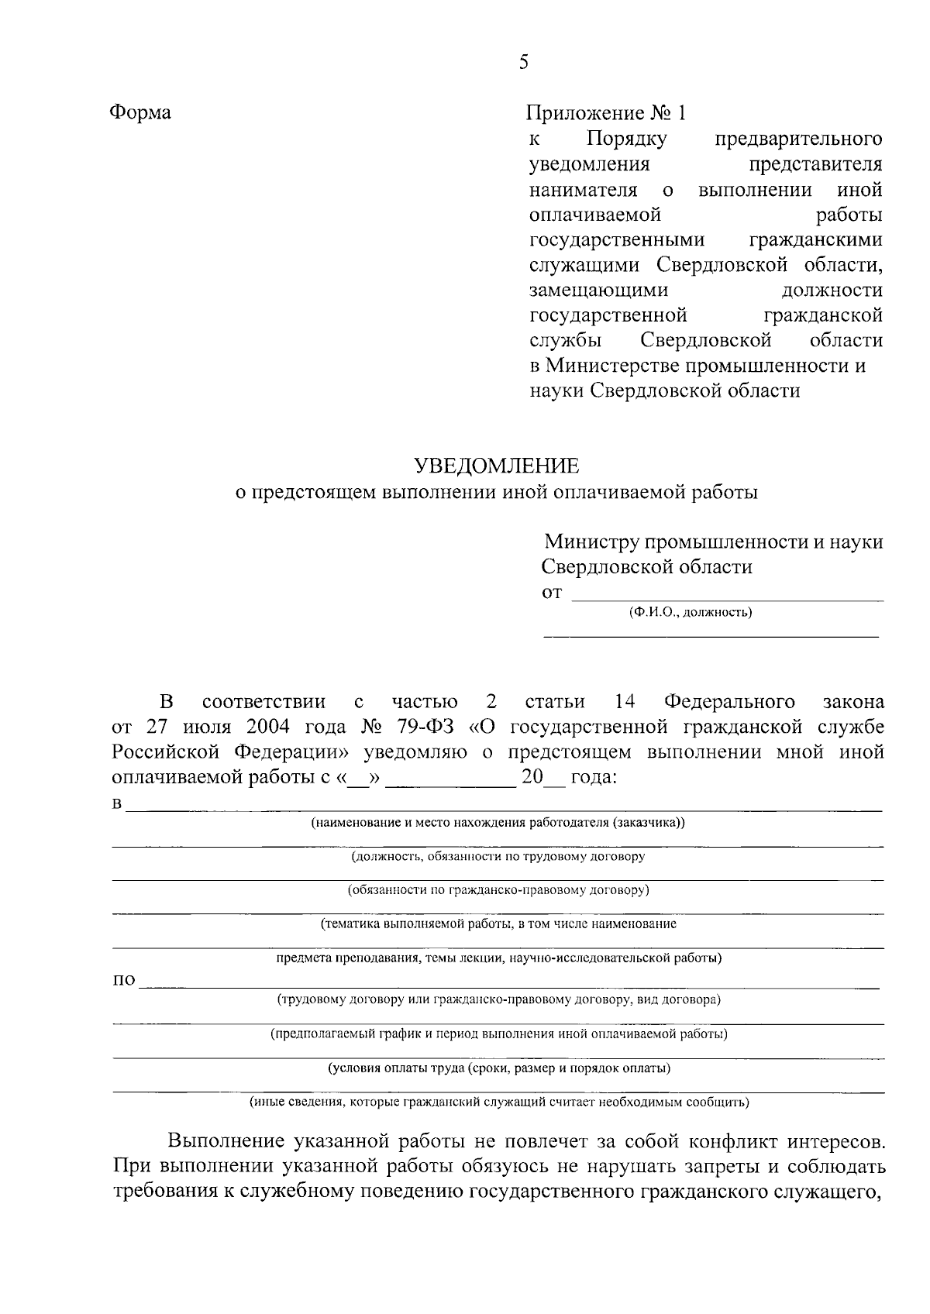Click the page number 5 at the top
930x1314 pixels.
tap(523, 63)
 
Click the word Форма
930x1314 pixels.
tap(139, 113)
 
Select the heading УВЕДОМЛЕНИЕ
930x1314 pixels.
tap(497, 466)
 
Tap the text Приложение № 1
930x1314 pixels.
tap(606, 114)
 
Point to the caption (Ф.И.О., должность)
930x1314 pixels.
tap(690, 613)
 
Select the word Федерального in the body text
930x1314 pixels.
tap(729, 702)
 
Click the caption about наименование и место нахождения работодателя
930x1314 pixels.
tap(498, 823)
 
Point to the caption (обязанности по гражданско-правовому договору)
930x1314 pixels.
tap(498, 890)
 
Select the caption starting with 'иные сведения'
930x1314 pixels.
tap(498, 1102)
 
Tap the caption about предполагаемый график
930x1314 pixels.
tap(498, 1034)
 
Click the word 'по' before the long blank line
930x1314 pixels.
tap(124, 982)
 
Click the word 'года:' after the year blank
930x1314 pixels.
tap(594, 778)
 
